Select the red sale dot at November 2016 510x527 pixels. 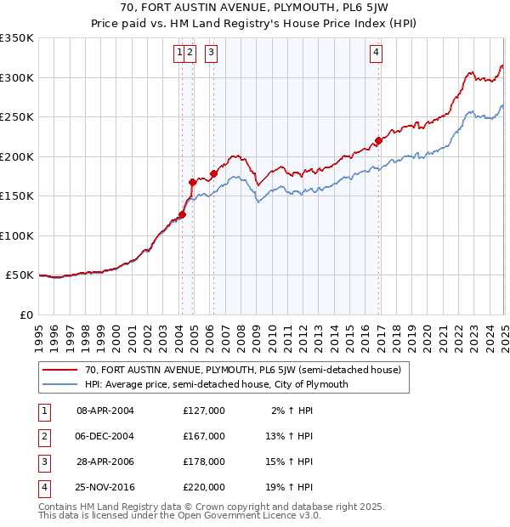(x=379, y=141)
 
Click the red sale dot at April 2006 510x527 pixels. (x=213, y=173)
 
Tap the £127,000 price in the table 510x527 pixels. (x=204, y=411)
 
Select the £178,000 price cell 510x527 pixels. (x=204, y=462)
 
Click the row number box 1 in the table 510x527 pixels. (x=42, y=411)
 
